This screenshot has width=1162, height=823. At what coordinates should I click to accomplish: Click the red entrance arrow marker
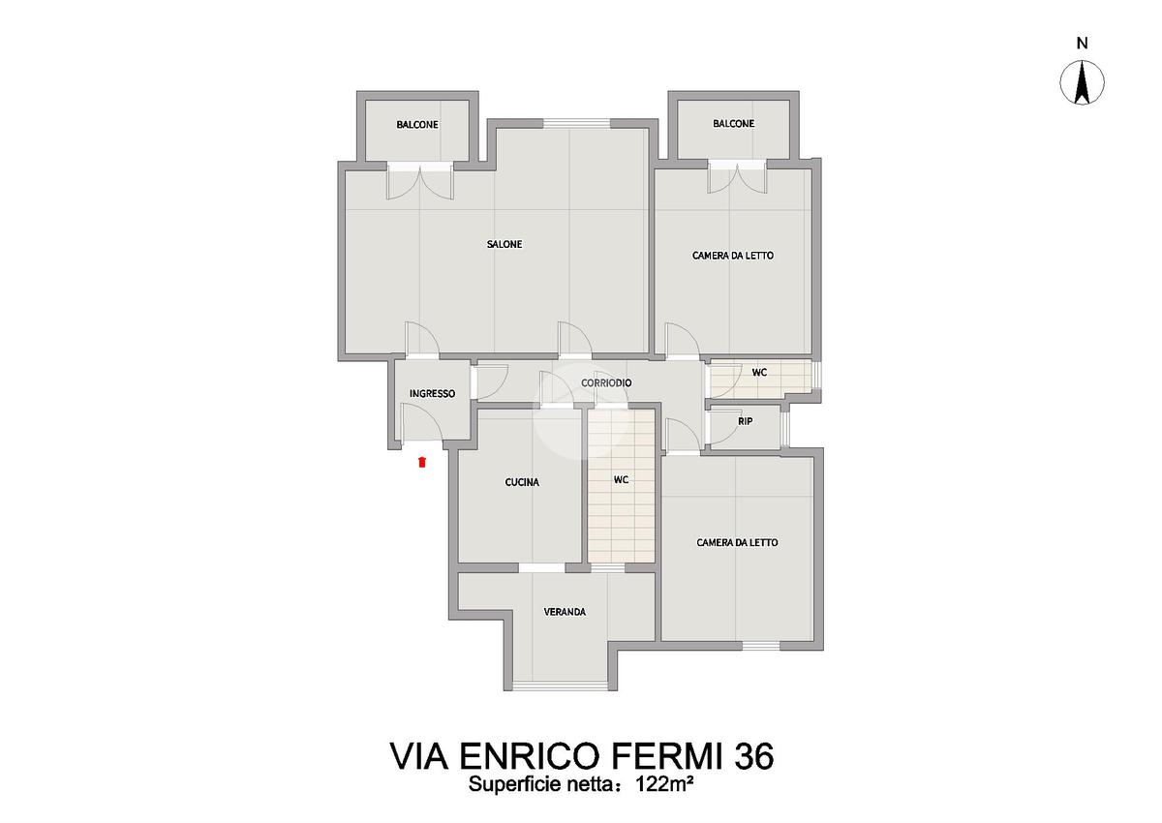422,462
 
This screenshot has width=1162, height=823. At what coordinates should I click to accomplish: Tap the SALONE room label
505,244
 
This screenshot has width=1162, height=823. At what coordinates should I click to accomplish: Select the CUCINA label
522,482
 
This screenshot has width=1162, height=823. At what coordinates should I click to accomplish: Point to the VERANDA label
565,612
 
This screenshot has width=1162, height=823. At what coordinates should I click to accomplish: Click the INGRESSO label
432,394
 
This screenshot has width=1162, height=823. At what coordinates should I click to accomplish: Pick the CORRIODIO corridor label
606,382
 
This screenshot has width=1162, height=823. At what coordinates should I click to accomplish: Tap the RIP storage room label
745,421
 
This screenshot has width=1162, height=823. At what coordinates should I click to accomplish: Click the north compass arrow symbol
1082,82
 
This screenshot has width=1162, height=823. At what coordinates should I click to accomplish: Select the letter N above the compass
1082,44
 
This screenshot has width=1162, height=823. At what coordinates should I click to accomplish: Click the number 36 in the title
755,756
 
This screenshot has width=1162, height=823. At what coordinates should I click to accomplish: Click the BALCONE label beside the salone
417,125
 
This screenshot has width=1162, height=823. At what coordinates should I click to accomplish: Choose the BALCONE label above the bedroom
734,123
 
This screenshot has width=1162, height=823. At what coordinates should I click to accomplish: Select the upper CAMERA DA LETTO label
732,256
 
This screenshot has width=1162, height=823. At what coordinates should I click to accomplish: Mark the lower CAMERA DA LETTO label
737,542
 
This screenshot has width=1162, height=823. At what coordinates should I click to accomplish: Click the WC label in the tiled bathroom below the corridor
621,479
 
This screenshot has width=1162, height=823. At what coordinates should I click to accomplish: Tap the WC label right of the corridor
759,372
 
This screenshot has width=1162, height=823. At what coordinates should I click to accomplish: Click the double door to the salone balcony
420,180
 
